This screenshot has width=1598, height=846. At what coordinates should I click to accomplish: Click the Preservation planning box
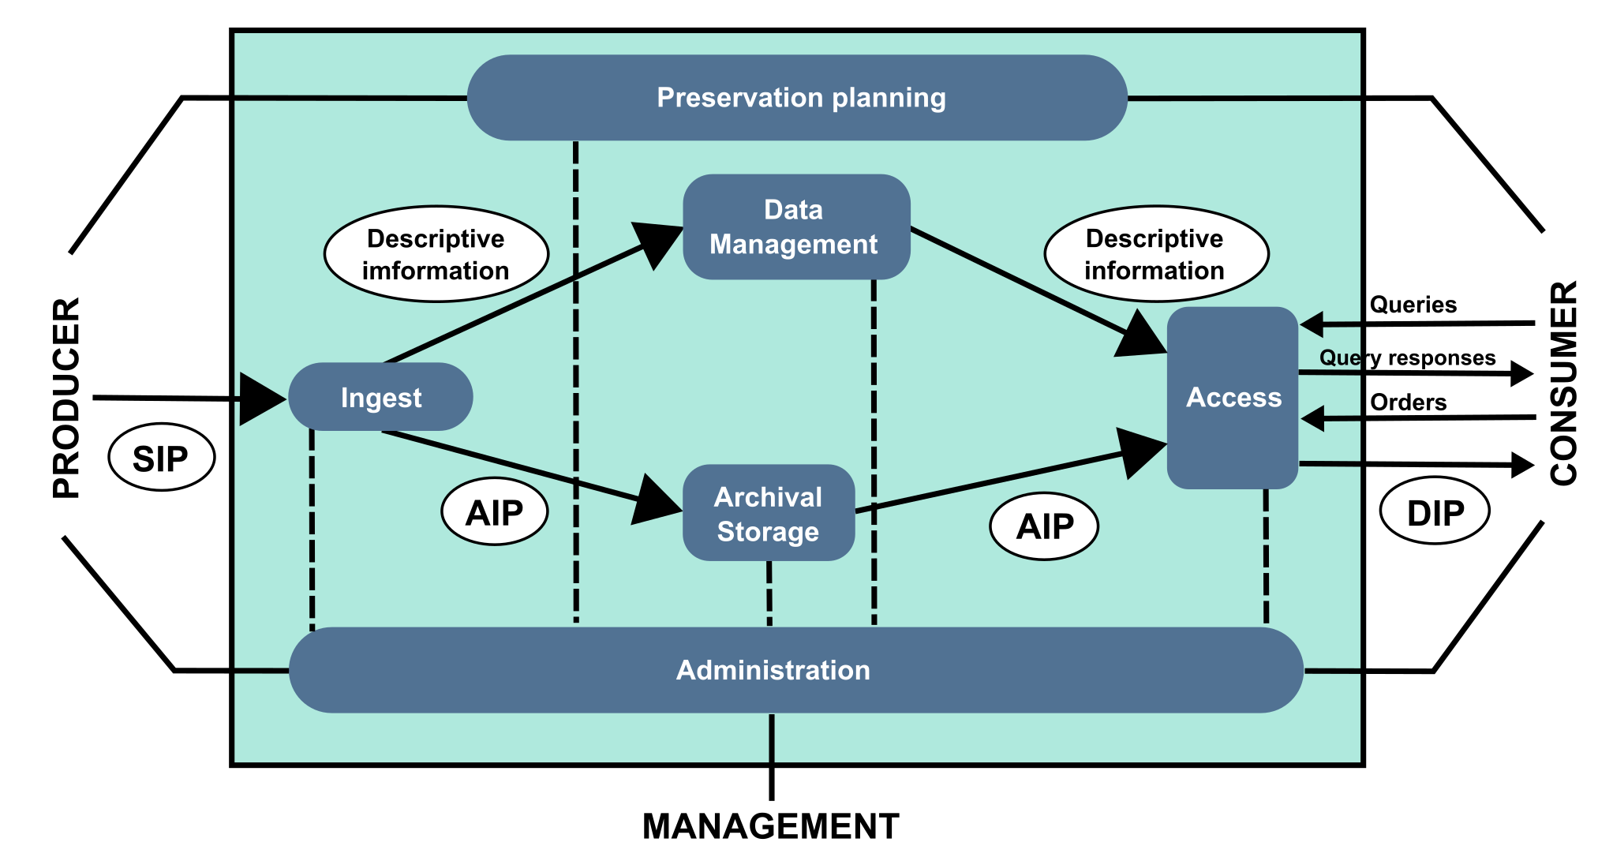797,98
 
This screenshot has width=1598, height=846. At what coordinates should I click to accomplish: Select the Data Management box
796,227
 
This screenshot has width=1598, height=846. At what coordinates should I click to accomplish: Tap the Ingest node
380,397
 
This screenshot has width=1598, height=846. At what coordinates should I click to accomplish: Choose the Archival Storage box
768,514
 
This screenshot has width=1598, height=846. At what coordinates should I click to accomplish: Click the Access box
1232,398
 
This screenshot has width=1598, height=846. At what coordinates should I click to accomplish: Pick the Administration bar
795,670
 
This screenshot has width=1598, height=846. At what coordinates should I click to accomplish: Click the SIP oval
161,459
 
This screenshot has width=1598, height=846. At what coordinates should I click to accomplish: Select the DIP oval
1435,511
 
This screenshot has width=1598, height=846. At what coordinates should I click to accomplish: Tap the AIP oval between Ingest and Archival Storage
494,512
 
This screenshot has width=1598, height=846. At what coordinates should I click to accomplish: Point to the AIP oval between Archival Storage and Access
1043,526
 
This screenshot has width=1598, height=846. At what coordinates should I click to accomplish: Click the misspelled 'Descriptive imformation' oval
436,254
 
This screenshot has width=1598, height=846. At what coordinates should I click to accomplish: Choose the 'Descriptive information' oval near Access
1155,254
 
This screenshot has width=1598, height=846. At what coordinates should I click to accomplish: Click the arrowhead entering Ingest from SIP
261,399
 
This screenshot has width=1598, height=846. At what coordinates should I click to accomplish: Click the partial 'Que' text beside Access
1339,357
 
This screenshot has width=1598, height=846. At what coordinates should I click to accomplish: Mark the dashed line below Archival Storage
769,593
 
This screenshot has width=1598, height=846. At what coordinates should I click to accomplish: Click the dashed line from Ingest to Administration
312,529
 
